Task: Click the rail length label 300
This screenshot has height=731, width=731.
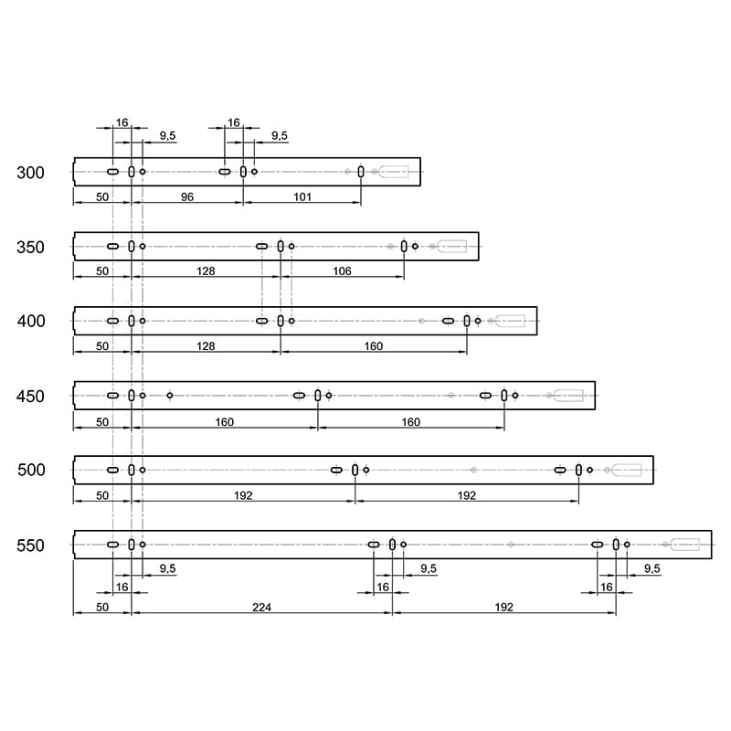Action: point(31,173)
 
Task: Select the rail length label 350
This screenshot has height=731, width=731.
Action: point(31,247)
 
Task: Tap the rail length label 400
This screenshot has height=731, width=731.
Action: point(31,322)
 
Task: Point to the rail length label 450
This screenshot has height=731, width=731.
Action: point(30,397)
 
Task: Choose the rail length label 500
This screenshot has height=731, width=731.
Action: point(31,470)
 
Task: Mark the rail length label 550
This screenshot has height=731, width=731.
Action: point(31,546)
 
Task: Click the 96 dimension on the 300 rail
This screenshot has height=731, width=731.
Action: point(187,196)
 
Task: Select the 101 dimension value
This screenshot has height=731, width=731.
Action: point(302,196)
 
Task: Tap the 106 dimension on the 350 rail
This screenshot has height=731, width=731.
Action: point(342,270)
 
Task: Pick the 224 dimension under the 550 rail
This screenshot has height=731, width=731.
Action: point(261,607)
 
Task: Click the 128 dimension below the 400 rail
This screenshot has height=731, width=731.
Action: point(206,346)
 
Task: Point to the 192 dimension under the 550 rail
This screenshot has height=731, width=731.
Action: point(504,607)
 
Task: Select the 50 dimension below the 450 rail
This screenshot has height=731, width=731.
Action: point(102,422)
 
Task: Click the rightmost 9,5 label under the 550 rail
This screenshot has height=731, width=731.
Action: point(652,568)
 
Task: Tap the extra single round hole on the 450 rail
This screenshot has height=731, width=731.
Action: point(170,396)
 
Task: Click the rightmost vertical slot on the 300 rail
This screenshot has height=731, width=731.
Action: point(361,172)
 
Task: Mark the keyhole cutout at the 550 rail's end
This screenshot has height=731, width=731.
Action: point(684,545)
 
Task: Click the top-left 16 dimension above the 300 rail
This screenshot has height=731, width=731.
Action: point(122,122)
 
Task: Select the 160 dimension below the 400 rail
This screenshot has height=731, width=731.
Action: point(374,346)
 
